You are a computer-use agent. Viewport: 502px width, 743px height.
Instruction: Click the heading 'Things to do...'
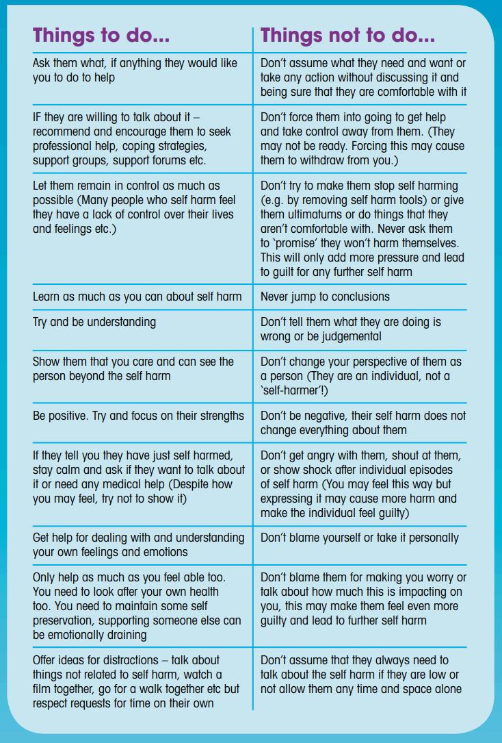point(101,35)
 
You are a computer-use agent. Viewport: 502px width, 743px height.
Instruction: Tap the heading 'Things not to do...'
point(347,35)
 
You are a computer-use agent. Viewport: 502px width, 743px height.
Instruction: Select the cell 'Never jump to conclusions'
point(325,297)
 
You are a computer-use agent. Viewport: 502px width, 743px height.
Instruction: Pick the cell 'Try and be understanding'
point(94,322)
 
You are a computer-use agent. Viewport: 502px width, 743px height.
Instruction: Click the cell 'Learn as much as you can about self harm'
point(137,297)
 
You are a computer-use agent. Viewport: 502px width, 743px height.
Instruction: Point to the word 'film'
point(43,689)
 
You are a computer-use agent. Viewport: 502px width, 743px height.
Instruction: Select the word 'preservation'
point(65,620)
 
